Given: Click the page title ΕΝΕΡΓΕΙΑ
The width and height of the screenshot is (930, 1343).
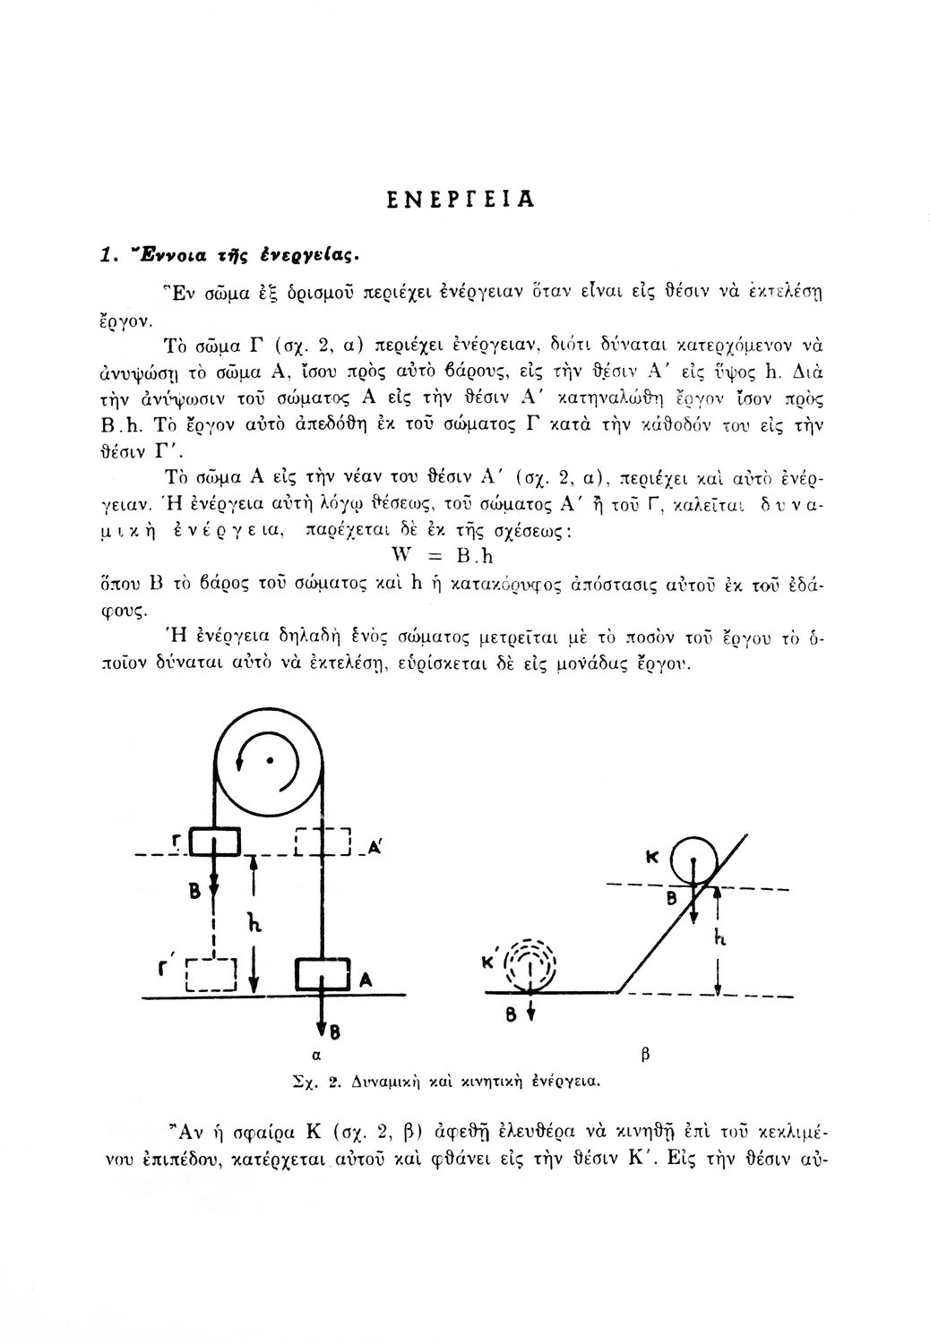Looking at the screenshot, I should [464, 200].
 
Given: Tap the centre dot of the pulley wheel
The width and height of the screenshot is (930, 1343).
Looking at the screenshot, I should [268, 759].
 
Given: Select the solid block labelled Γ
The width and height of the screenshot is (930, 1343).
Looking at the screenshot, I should [215, 842].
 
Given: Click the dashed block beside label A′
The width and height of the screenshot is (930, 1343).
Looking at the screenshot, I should [321, 843].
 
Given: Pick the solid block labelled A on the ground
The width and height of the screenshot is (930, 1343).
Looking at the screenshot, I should [322, 975].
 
